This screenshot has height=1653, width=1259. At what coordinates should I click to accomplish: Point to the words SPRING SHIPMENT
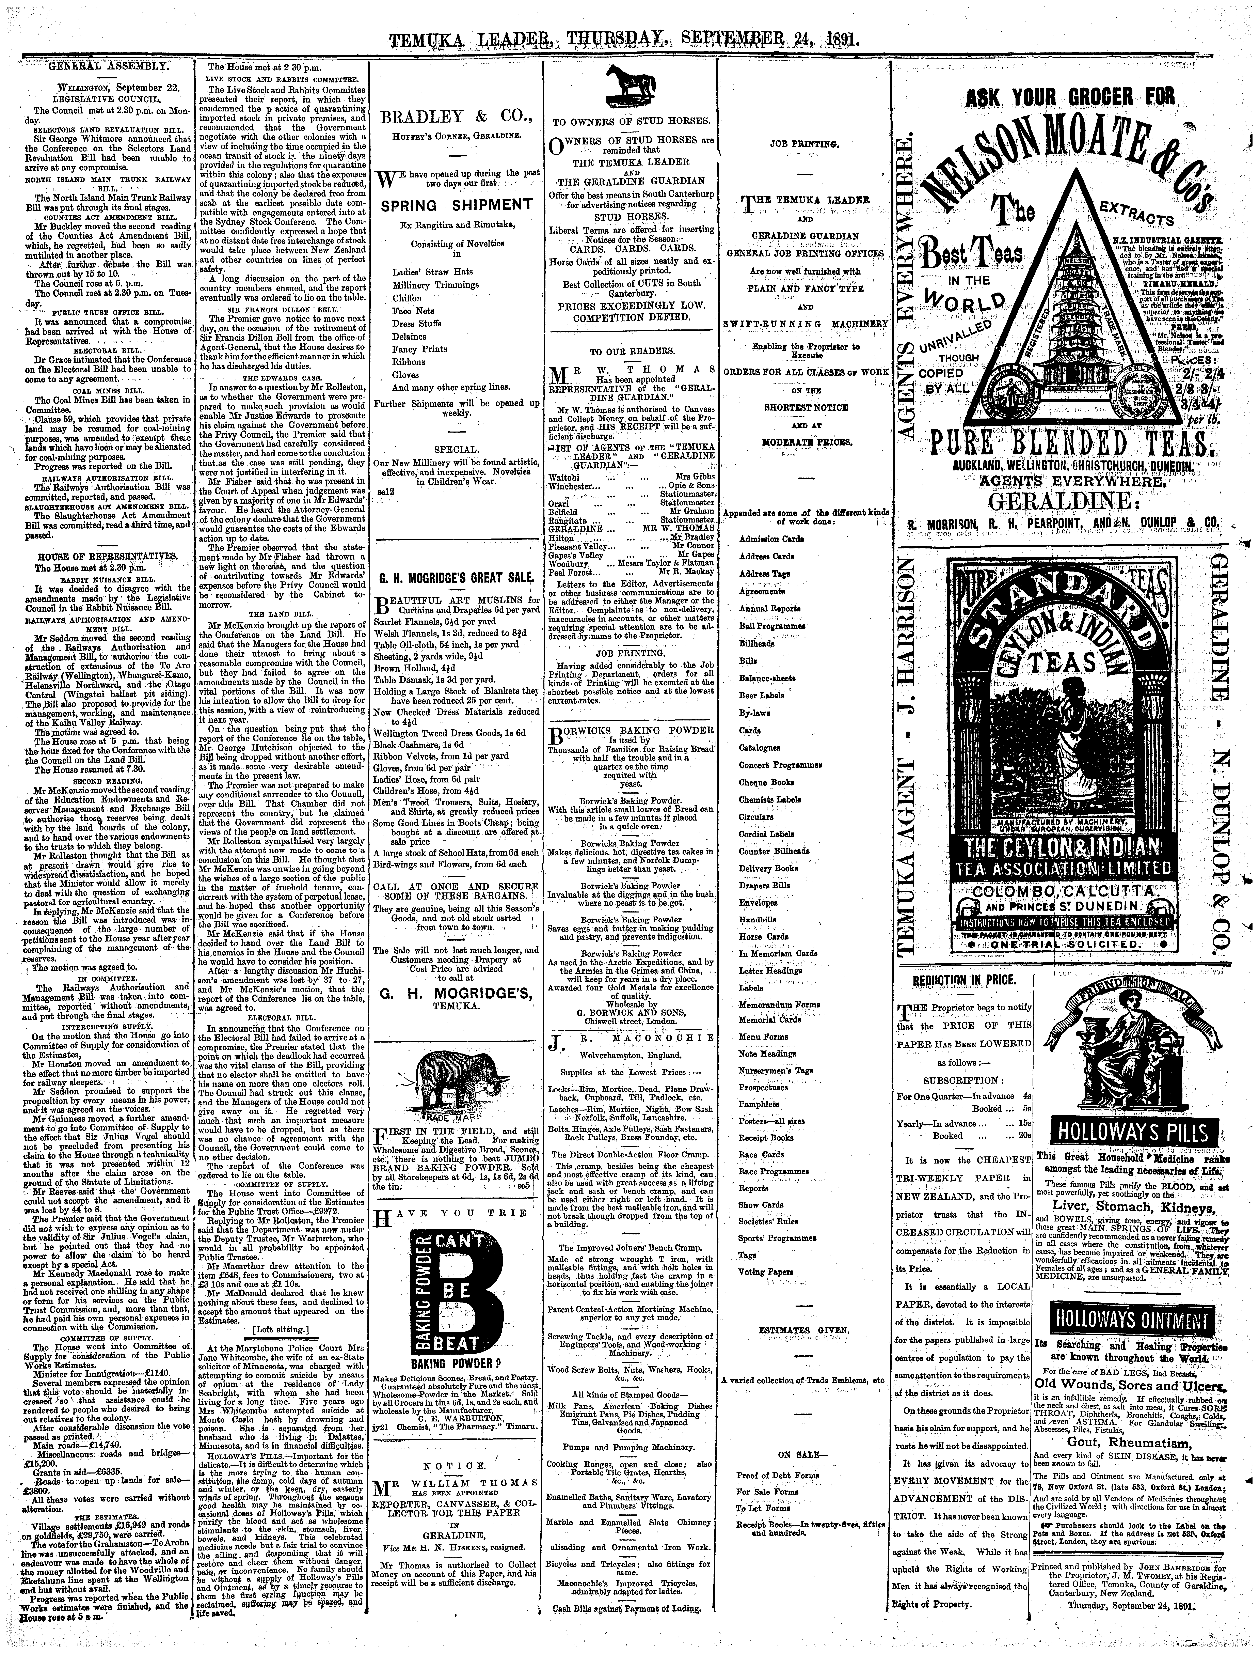point(456,205)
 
